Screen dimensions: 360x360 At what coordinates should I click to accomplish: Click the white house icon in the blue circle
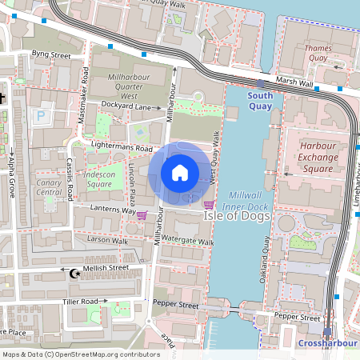[x=180, y=172]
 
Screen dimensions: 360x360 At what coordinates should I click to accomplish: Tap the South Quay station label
[x=260, y=101]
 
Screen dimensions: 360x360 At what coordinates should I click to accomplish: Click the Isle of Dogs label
[x=237, y=216]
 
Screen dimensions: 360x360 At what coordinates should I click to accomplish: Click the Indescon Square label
[x=100, y=179]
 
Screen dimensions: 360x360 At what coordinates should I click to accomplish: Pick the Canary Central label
[x=49, y=187]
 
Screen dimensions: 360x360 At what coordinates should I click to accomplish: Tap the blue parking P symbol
[x=41, y=116]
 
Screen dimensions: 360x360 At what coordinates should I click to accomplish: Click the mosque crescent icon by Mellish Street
[x=77, y=274]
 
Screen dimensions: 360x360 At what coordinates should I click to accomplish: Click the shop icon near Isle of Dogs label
[x=209, y=205]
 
